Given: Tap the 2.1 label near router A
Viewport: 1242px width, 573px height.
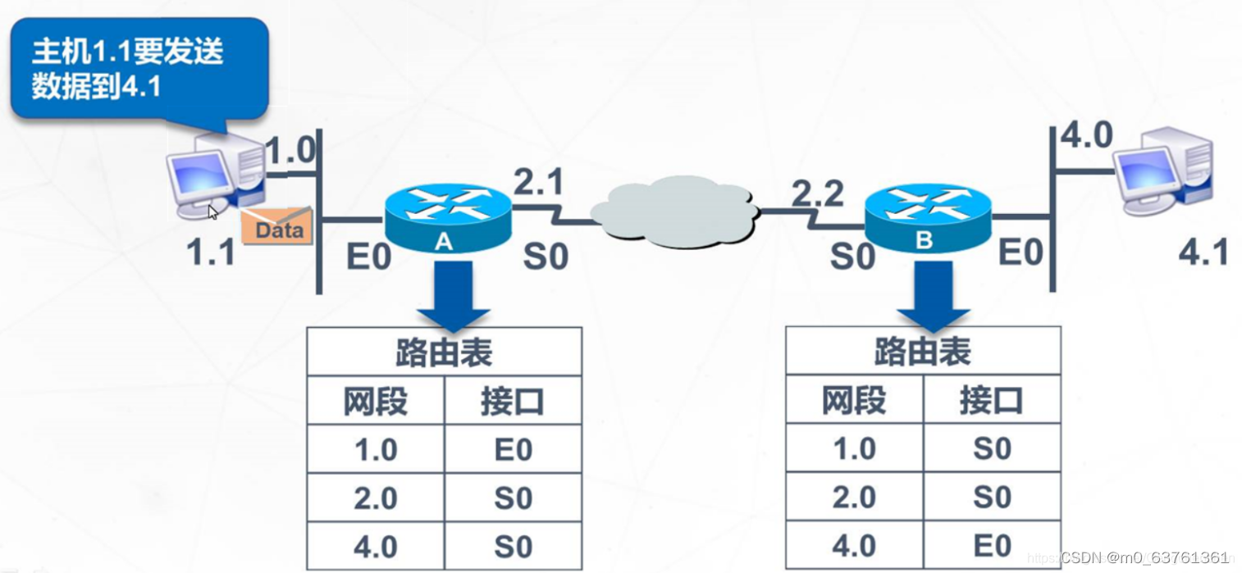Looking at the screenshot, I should (x=539, y=182).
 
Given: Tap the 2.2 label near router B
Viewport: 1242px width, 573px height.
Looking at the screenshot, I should (x=817, y=194).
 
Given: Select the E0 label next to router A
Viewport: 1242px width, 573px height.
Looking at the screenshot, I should (x=368, y=256).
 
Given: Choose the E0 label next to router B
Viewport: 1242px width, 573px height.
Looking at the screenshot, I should (x=1020, y=253).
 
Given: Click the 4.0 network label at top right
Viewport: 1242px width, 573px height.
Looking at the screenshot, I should (x=1086, y=136).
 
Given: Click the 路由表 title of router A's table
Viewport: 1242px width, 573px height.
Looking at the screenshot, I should (x=444, y=352).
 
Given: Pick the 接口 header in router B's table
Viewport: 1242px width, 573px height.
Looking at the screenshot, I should (x=991, y=401).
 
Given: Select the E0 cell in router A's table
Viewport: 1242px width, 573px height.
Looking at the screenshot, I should (x=513, y=449).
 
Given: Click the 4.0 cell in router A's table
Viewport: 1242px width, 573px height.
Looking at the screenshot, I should (x=376, y=547).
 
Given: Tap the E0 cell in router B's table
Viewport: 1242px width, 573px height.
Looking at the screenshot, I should (x=991, y=545).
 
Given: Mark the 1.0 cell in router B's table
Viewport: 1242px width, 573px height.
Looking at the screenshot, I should (x=854, y=448).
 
